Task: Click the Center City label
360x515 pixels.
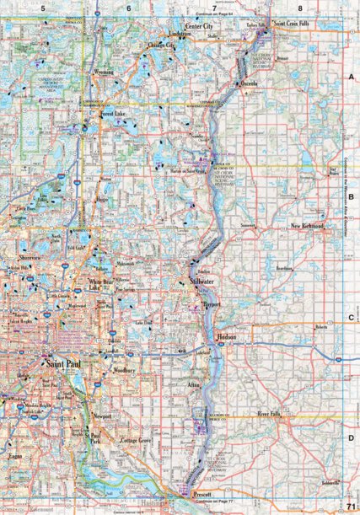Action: [x=198, y=27]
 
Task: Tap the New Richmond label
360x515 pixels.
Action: [x=307, y=227]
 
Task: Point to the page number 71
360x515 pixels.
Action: [x=349, y=504]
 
